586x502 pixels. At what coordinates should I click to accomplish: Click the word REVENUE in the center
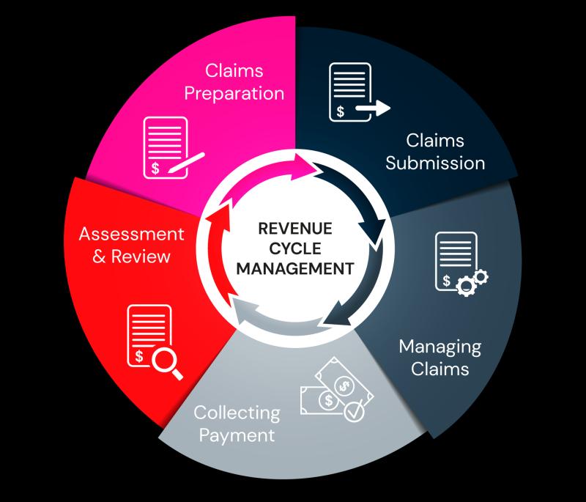click(295, 229)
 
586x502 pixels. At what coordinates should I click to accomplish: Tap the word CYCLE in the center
click(295, 248)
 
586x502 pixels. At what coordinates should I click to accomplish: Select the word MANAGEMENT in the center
click(295, 268)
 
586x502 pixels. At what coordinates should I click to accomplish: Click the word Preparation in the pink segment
click(234, 94)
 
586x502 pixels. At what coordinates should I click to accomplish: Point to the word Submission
click(435, 163)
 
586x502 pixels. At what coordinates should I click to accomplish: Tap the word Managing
click(440, 347)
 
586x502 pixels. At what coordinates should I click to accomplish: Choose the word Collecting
click(237, 413)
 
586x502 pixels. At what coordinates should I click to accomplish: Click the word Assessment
click(132, 234)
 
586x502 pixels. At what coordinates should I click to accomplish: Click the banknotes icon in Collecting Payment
click(336, 388)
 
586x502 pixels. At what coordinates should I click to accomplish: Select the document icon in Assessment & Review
click(149, 336)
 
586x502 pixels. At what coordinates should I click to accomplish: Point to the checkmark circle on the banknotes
click(354, 412)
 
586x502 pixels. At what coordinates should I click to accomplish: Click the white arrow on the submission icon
click(373, 108)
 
